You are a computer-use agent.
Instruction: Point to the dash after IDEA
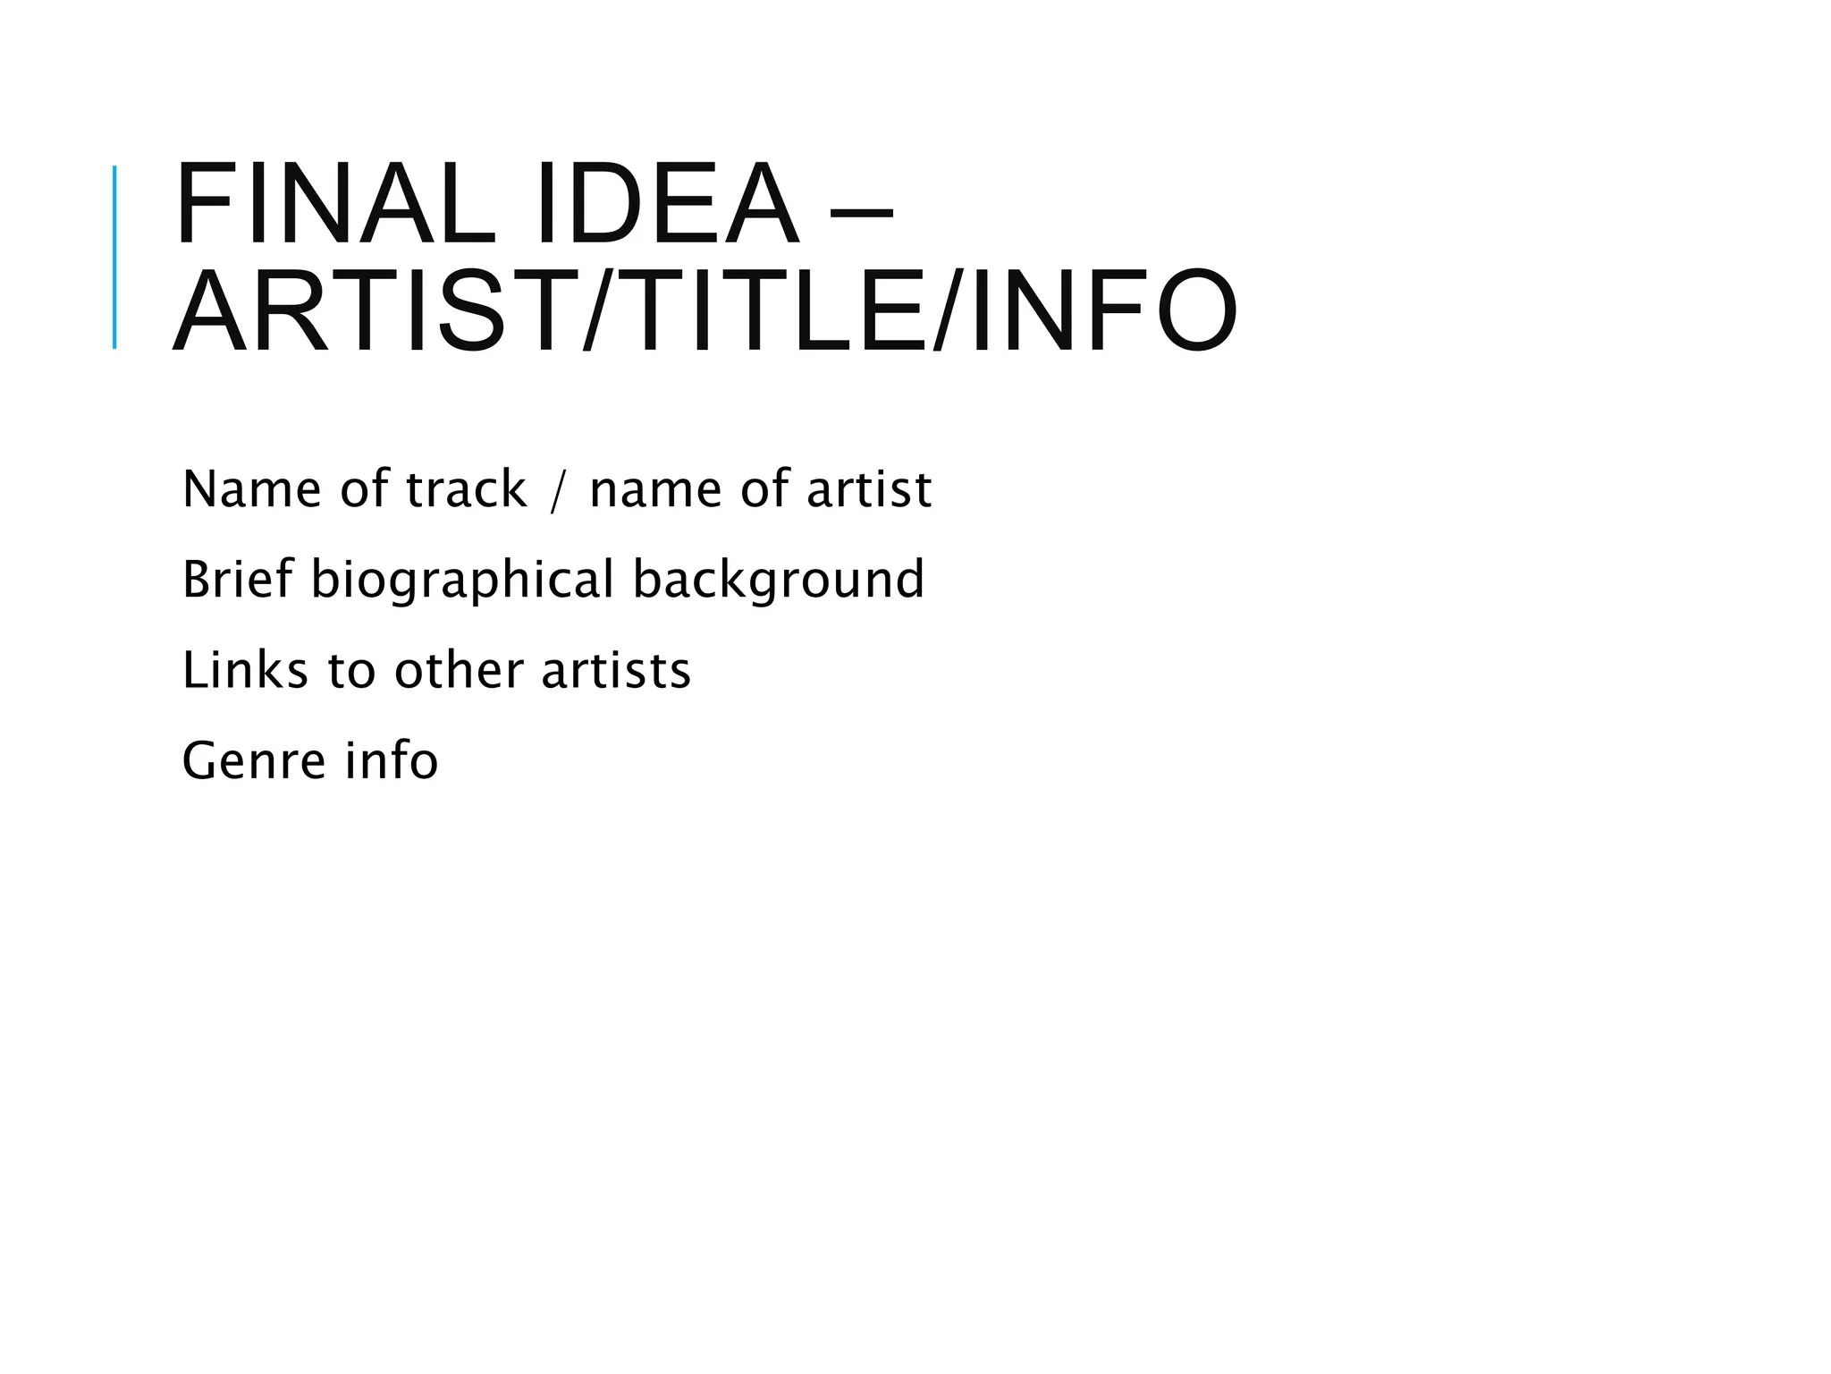tap(861, 213)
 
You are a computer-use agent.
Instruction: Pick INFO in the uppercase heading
tap(1103, 312)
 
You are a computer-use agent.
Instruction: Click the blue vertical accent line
tap(114, 257)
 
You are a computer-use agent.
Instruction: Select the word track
tap(466, 489)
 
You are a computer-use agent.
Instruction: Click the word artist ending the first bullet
tap(869, 489)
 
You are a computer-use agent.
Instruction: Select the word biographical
tap(462, 581)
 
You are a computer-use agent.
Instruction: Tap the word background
tap(778, 579)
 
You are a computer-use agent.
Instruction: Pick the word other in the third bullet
tap(459, 670)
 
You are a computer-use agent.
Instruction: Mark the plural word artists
tap(616, 670)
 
